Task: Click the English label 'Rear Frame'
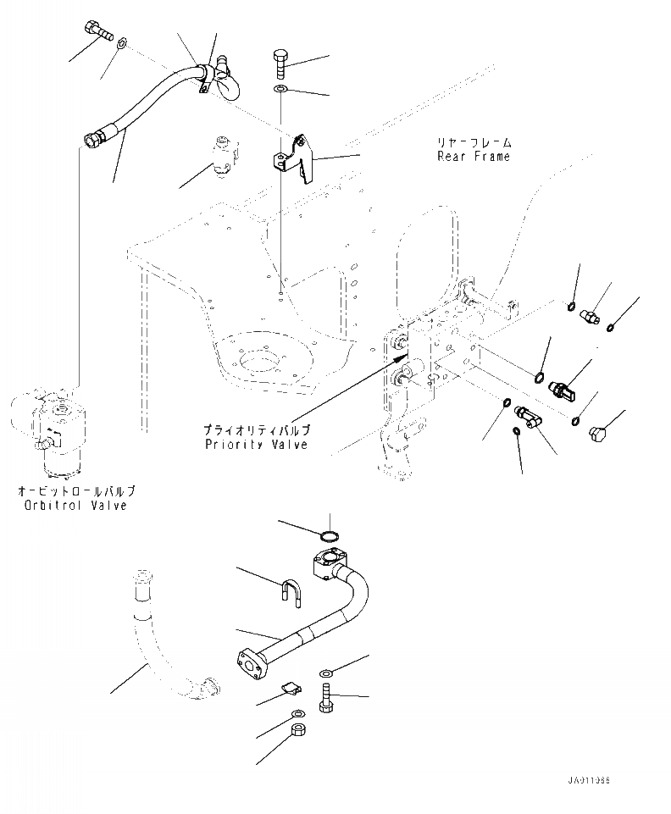pyautogui.click(x=474, y=157)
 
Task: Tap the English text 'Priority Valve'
pyautogui.click(x=256, y=444)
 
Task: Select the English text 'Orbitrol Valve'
pyautogui.click(x=75, y=506)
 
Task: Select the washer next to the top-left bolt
pyautogui.click(x=122, y=41)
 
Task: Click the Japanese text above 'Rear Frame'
pyautogui.click(x=474, y=142)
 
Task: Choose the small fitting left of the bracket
pyautogui.click(x=224, y=154)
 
